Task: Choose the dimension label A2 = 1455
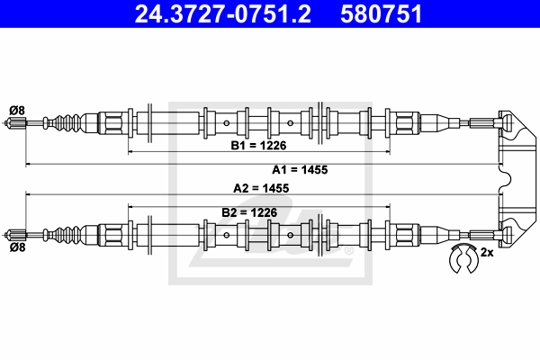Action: click(x=260, y=188)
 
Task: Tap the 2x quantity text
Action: click(x=488, y=253)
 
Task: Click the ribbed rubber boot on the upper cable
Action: click(x=69, y=123)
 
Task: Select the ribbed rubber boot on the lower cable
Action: click(x=69, y=231)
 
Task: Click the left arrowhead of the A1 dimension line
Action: click(x=28, y=165)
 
